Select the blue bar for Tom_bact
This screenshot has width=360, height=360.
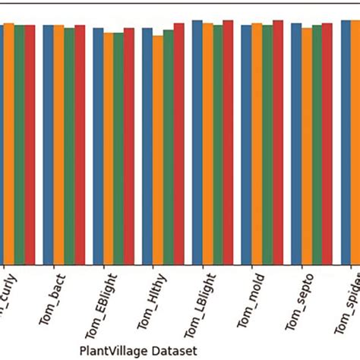pos(48,144)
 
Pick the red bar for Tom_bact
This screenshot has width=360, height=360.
pos(80,144)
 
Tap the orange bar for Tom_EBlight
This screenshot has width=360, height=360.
pos(109,148)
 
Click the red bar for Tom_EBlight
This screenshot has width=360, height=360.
pos(129,146)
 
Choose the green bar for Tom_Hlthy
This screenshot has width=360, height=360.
pos(169,147)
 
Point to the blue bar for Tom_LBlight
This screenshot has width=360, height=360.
pos(197,142)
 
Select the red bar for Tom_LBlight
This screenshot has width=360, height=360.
pos(228,142)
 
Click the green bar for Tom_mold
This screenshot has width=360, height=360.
pos(267,144)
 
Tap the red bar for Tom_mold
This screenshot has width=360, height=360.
pos(278,142)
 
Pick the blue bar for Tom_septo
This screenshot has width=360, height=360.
pos(296,144)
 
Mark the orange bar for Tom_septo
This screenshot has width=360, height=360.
pos(306,146)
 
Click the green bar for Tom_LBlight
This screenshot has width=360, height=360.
pos(218,144)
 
